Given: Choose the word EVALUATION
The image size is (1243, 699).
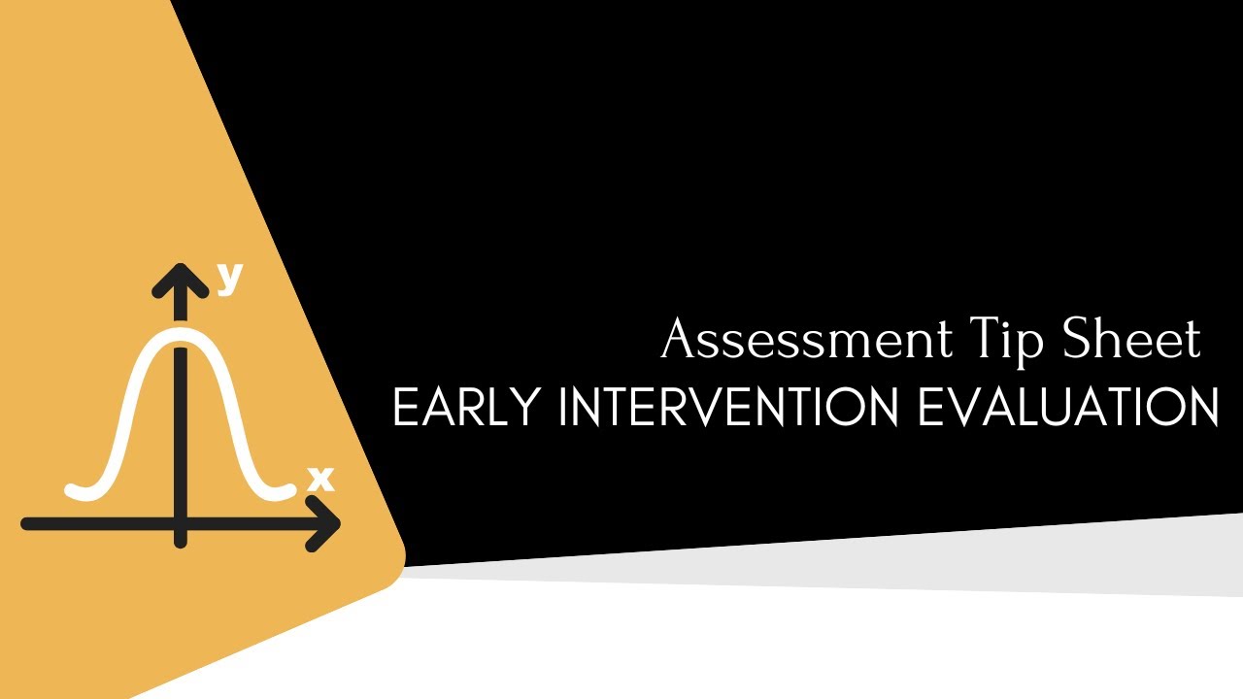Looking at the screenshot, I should point(1068,409).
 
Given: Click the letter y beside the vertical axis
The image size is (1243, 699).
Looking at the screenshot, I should point(229,279).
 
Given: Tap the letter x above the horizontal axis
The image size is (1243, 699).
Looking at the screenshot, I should point(319,479).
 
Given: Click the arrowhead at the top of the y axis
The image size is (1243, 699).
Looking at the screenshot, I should point(180,278).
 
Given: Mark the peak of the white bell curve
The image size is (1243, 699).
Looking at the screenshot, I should point(180,335).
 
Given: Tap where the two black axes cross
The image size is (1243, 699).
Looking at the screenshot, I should point(180,523).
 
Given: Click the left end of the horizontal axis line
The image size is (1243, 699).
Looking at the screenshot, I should point(27,524).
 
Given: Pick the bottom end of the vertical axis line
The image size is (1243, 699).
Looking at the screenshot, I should point(180,542).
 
